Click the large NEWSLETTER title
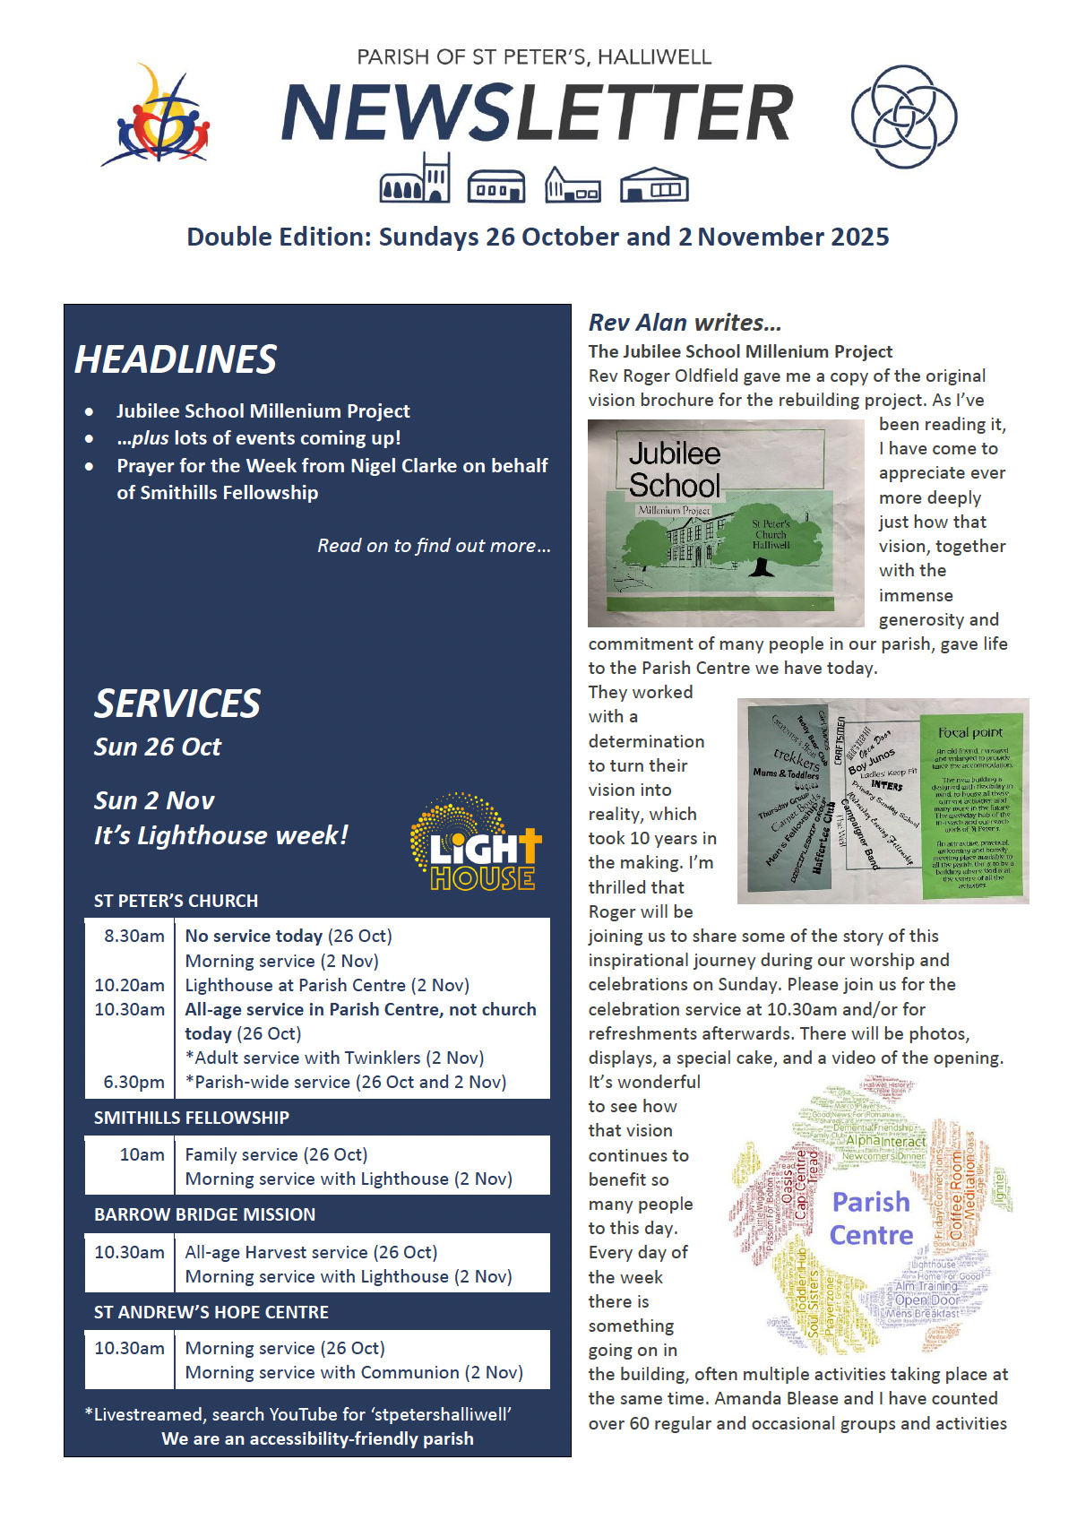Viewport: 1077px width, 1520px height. click(x=537, y=113)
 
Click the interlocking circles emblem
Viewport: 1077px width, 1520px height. click(x=903, y=116)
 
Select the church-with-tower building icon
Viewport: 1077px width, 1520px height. click(x=415, y=178)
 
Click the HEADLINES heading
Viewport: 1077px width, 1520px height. click(x=176, y=359)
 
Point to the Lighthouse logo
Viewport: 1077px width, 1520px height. click(x=477, y=843)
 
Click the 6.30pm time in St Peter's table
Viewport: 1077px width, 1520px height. click(x=134, y=1082)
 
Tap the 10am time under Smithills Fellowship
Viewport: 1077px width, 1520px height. click(x=142, y=1154)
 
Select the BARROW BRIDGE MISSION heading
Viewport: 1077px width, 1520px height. click(x=204, y=1214)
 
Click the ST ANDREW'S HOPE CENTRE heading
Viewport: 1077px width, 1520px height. click(x=211, y=1312)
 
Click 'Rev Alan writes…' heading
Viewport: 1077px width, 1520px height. click(x=685, y=323)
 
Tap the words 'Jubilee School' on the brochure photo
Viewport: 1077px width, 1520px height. click(x=674, y=469)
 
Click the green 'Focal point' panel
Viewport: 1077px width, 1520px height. click(x=971, y=800)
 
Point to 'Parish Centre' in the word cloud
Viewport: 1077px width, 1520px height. click(x=871, y=1218)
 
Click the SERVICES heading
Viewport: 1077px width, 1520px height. click(x=177, y=704)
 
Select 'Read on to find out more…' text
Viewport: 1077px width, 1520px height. click(x=434, y=546)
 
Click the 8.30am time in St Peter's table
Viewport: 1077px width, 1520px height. click(x=134, y=936)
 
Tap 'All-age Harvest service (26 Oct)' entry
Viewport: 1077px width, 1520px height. click(x=311, y=1252)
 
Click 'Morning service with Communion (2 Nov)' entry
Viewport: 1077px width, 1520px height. click(x=354, y=1372)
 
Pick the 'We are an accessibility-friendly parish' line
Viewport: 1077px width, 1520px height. click(x=317, y=1438)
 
